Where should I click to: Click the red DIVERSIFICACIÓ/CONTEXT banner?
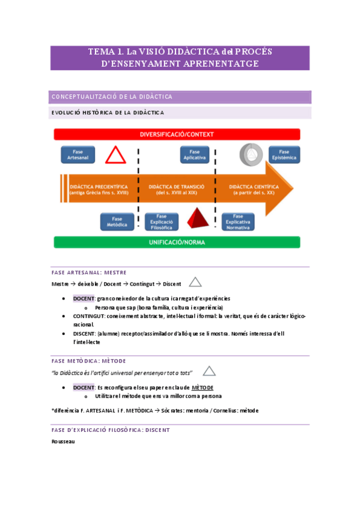[x=177, y=134]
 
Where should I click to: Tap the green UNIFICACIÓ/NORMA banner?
[x=177, y=242]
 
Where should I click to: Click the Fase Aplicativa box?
[x=194, y=155]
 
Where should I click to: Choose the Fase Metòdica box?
[x=117, y=222]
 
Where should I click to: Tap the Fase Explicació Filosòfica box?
[x=161, y=222]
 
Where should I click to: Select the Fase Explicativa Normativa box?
[x=238, y=222]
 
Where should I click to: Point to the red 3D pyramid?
[x=198, y=220]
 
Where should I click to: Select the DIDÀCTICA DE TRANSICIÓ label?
[x=177, y=189]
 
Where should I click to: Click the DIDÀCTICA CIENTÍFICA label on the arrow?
[x=254, y=189]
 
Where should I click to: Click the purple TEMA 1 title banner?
[x=180, y=58]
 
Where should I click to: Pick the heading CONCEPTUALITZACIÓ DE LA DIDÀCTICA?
[x=112, y=97]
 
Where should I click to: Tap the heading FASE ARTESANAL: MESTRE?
[x=89, y=272]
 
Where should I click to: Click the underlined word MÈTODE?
[x=203, y=387]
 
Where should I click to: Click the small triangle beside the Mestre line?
[x=195, y=282]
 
